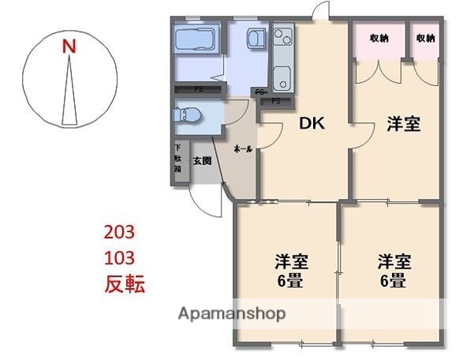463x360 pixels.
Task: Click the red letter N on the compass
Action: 69,47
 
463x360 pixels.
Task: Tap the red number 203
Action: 121,232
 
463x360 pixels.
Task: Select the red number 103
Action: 121,257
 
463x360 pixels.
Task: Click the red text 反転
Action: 125,284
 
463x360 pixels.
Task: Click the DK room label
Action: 312,124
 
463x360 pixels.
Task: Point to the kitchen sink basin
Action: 283,77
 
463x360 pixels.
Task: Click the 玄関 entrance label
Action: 202,161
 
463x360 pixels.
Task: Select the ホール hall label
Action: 243,149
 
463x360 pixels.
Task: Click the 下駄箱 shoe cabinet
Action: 179,163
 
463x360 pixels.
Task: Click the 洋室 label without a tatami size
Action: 402,124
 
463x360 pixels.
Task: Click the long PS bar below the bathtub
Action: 197,89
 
